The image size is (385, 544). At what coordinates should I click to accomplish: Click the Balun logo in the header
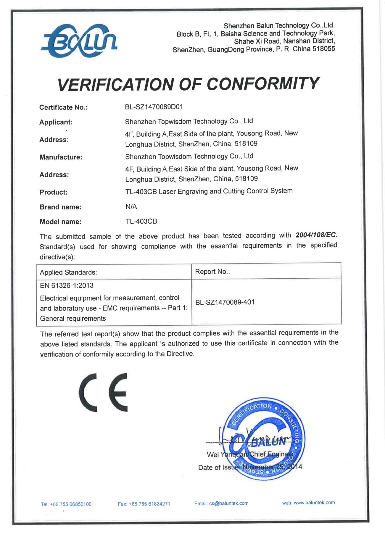point(80,41)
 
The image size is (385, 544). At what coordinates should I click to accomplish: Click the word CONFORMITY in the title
point(263,84)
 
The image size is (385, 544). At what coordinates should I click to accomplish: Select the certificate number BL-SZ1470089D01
point(154,107)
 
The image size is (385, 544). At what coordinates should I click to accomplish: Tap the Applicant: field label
point(56,122)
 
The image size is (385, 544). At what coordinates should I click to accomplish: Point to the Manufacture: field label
point(61,157)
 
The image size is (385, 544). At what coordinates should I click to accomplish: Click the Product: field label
point(54,192)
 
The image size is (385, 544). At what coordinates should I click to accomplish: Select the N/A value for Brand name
point(131,207)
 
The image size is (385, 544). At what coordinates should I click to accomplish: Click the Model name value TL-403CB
point(141,221)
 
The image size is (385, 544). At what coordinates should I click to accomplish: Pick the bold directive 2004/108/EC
point(316,235)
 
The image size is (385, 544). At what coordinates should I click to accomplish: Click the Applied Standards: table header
point(68,272)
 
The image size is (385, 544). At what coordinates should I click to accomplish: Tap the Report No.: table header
point(212,272)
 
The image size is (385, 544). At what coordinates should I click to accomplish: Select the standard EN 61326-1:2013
point(67,285)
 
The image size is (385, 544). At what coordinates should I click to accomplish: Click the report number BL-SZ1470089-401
point(225,302)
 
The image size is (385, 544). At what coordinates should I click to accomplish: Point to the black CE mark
point(103,393)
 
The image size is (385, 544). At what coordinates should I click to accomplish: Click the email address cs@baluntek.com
point(229,503)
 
